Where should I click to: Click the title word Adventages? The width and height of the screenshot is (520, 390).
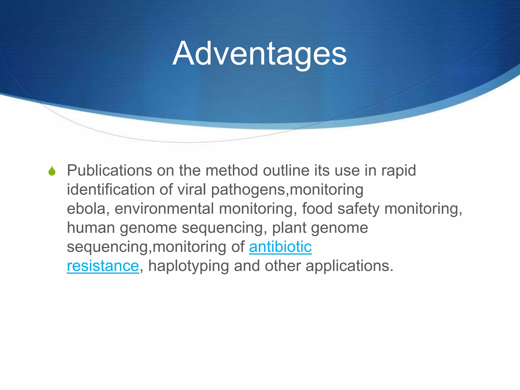(259, 54)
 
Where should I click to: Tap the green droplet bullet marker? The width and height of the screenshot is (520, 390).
(52, 171)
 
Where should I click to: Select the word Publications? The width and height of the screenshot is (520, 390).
(109, 170)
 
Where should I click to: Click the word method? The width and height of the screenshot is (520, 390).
(232, 170)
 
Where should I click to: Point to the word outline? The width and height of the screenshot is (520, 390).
(286, 170)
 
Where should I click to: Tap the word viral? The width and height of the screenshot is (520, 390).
(192, 189)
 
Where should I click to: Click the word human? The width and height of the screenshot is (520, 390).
(91, 227)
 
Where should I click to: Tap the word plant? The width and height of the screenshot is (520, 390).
(289, 227)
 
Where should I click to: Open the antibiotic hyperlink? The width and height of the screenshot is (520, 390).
(280, 247)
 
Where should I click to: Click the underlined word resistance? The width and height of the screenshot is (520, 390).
(103, 266)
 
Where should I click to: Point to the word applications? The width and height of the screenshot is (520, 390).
(349, 266)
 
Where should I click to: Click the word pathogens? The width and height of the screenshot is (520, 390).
(248, 190)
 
